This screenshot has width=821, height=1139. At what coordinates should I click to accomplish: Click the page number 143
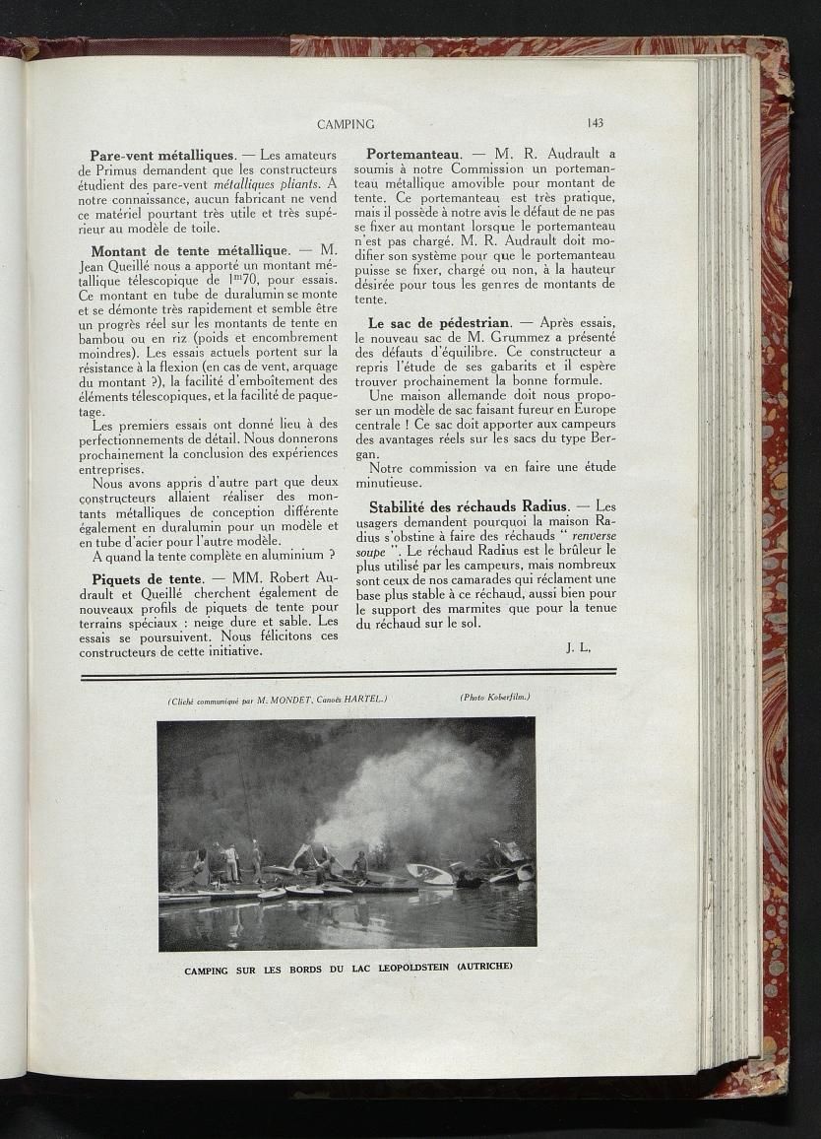point(595,123)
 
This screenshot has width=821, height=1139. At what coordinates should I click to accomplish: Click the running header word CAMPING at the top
point(346,124)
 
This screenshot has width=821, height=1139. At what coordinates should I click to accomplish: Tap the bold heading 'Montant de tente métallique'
point(190,251)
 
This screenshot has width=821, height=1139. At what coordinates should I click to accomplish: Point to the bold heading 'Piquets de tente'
point(147,578)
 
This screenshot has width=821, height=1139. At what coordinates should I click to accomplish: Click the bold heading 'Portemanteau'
point(413,154)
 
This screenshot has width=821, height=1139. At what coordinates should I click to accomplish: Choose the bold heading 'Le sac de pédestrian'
point(439,322)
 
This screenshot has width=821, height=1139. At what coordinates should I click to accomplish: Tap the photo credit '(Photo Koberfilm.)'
point(494,698)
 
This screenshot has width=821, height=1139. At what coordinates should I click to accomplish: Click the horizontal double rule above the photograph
point(348,673)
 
